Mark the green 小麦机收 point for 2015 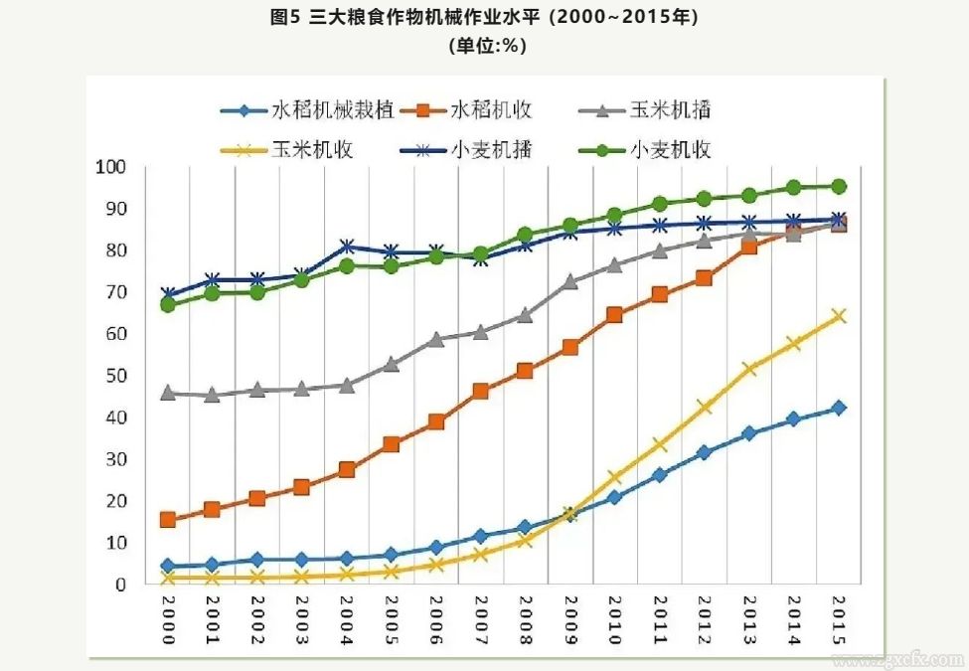click(x=838, y=186)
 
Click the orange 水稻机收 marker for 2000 click(x=167, y=519)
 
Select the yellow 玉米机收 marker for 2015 click(x=838, y=316)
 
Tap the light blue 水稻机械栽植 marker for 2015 click(x=838, y=408)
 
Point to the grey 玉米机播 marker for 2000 click(x=167, y=393)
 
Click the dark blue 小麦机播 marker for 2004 click(x=347, y=246)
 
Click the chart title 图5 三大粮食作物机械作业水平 click(x=483, y=18)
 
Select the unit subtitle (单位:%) click(x=484, y=46)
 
